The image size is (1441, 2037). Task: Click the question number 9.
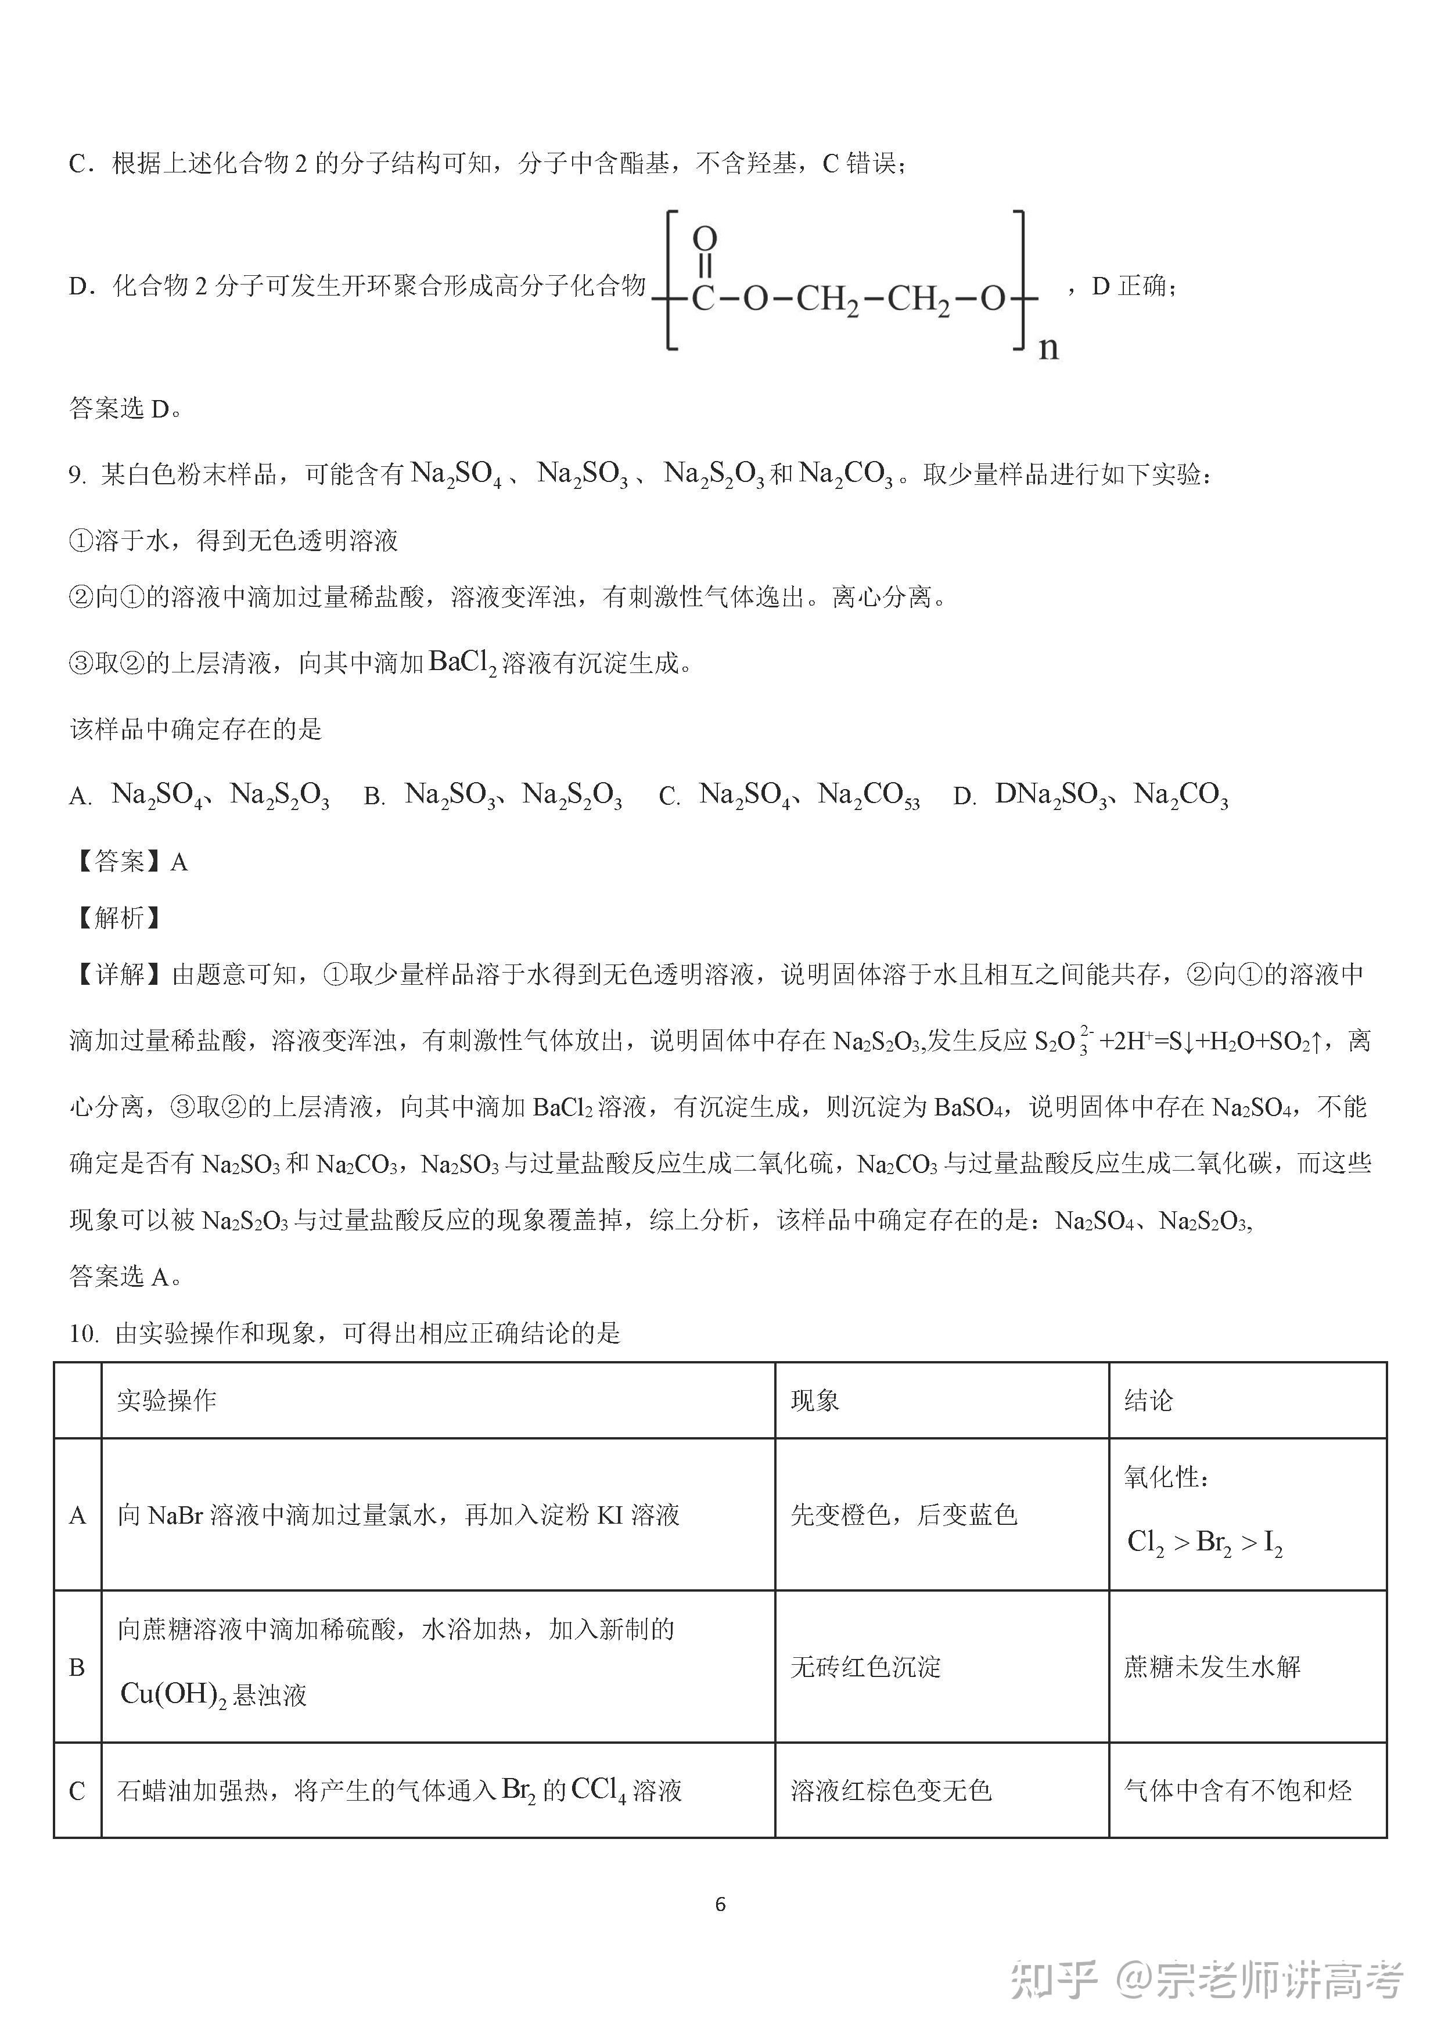pos(77,476)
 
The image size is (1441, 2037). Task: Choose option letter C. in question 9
pos(669,797)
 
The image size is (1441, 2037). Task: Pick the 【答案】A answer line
pos(130,862)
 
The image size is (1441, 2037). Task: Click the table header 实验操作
pos(167,1401)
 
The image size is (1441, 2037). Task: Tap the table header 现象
pos(814,1401)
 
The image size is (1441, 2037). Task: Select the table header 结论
pos(1148,1401)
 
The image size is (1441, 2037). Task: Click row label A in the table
pos(77,1516)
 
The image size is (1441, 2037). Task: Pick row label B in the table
pos(77,1668)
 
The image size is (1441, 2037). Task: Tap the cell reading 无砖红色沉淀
pos(865,1667)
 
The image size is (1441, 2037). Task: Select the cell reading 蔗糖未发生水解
pos(1212,1667)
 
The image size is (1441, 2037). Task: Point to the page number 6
pos(720,1905)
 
